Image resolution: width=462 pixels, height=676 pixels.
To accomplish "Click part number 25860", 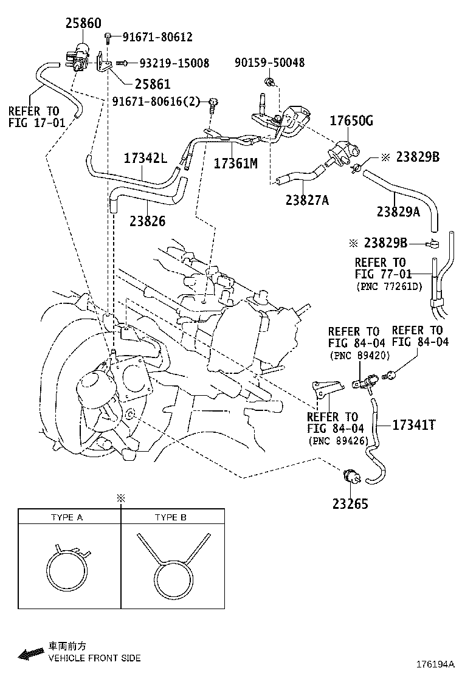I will coord(84,24).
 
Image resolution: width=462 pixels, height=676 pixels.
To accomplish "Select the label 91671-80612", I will coord(157,38).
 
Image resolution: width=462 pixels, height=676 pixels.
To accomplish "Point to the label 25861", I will coord(151,84).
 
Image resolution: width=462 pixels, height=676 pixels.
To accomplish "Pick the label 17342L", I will coord(145,158).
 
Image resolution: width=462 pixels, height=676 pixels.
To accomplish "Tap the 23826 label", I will coord(147,222).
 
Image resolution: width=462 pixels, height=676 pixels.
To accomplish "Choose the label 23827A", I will coord(306,199).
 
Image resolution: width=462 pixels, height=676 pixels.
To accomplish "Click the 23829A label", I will coord(398,212).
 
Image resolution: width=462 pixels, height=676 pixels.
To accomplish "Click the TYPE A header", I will coord(67,517).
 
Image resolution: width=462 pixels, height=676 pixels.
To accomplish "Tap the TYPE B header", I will coord(171,517).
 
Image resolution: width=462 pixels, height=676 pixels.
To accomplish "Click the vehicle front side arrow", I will coord(29,654).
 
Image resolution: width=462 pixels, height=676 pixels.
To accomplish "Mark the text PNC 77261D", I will coord(389,286).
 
